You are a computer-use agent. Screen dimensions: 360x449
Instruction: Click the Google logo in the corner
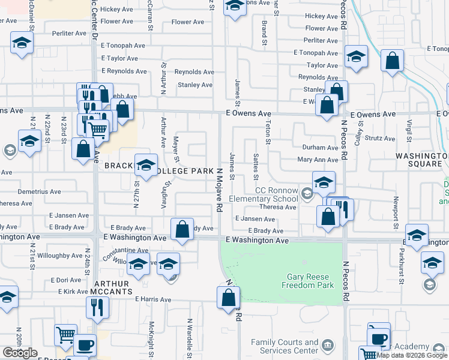[x=20, y=353]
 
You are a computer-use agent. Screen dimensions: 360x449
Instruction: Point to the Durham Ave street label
[x=320, y=148]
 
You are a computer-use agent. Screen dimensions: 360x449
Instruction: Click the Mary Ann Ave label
[x=318, y=160]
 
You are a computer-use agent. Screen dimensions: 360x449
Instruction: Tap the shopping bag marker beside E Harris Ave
[x=229, y=298]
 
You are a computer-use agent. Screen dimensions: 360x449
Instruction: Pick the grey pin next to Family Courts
[x=327, y=344]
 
